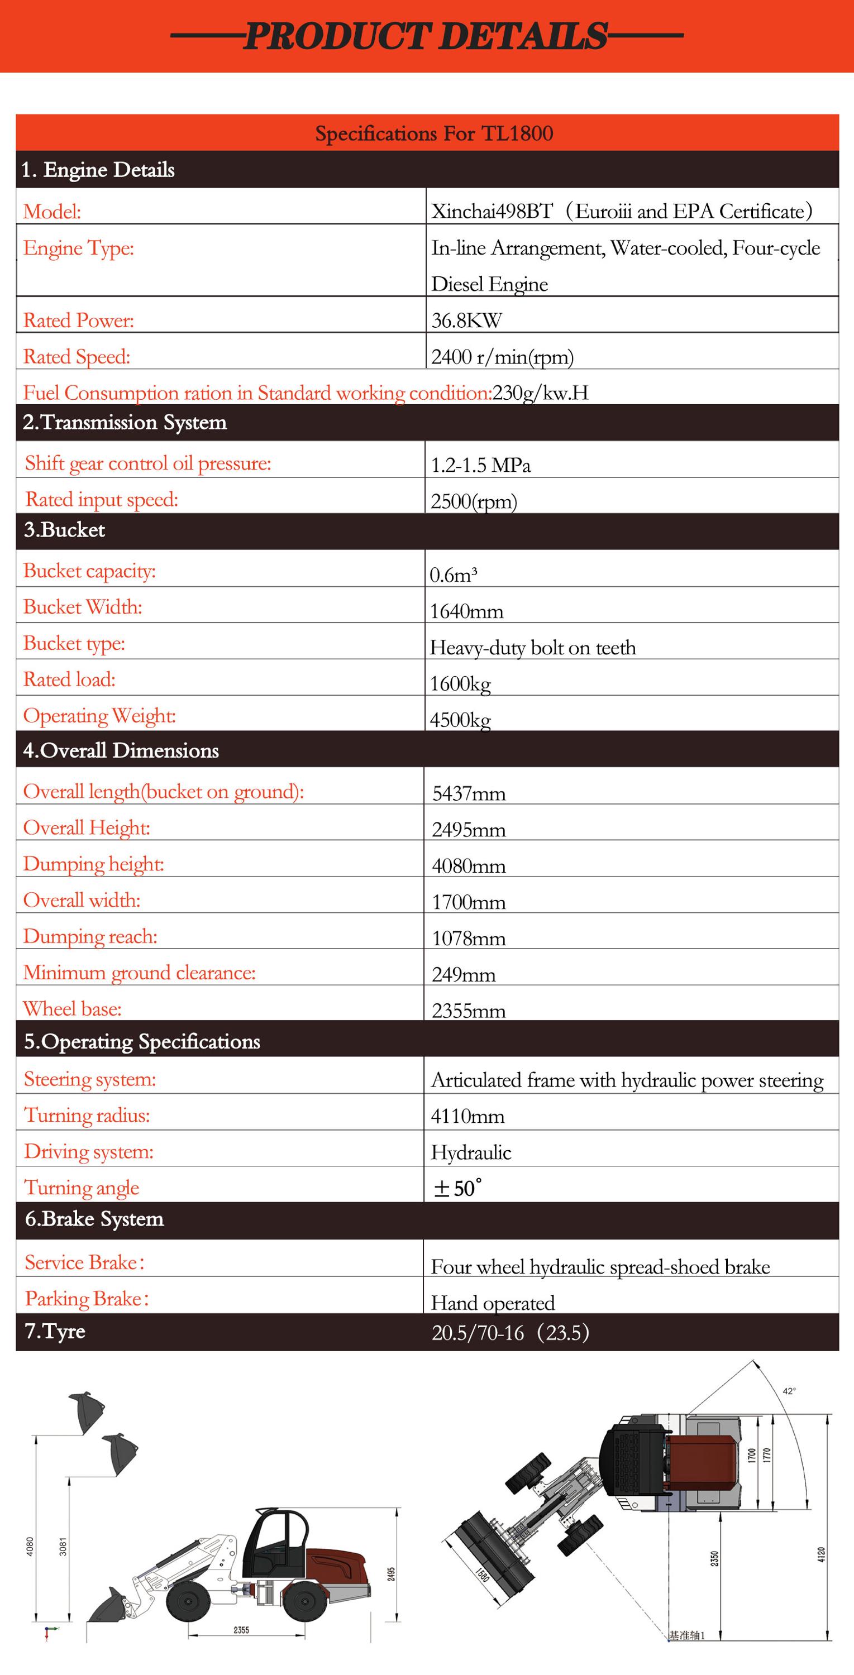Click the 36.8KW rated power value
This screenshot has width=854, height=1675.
(x=466, y=320)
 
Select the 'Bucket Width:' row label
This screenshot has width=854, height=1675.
(x=83, y=607)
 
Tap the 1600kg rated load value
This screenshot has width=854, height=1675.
(x=460, y=683)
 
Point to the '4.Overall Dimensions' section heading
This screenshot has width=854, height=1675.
(x=121, y=750)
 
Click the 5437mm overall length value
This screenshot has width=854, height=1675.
(x=468, y=793)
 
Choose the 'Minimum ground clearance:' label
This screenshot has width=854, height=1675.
(x=139, y=973)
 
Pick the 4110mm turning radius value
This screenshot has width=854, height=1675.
(x=467, y=1116)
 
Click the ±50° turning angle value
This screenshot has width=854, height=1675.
(x=457, y=1189)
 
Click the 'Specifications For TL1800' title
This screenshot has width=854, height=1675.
(x=434, y=133)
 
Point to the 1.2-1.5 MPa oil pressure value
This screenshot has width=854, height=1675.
(x=481, y=465)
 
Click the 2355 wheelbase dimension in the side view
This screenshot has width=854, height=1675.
(x=241, y=1629)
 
